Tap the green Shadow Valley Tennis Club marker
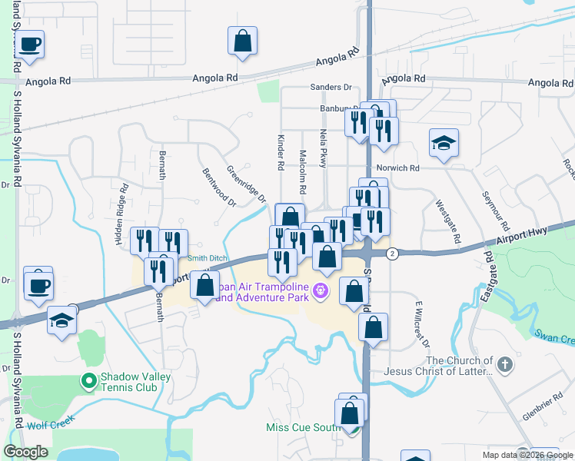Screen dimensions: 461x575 89,380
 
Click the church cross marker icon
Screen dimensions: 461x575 504,365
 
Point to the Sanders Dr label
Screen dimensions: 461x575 330,88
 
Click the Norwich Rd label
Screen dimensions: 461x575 397,168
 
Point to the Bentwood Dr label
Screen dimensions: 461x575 219,187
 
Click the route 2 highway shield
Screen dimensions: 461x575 392,254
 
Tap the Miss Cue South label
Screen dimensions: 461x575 302,427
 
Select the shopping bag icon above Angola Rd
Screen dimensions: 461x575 242,43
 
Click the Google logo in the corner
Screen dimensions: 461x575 26,453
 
